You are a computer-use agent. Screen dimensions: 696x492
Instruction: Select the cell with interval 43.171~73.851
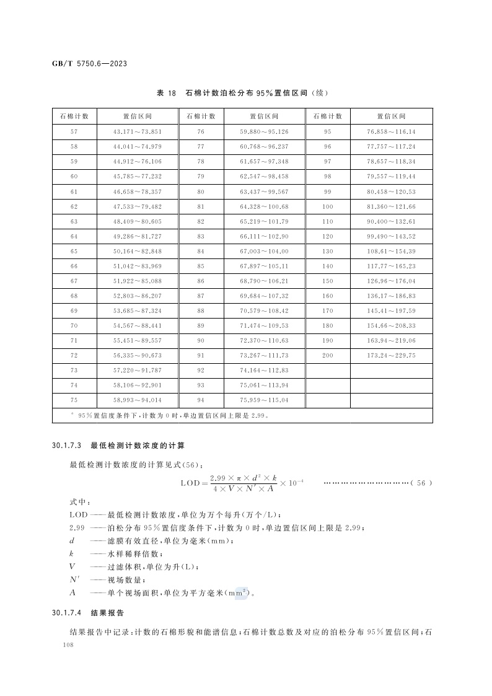click(137, 132)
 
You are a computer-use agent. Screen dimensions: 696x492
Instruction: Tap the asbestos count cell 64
click(74, 236)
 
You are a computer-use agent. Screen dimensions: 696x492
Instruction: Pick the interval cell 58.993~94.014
click(137, 400)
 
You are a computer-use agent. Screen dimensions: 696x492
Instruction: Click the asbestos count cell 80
click(201, 192)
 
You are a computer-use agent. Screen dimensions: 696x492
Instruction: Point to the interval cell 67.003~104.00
click(264, 251)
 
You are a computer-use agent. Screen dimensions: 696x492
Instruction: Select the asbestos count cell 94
click(201, 400)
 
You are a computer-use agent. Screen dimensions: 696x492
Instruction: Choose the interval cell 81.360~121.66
click(391, 206)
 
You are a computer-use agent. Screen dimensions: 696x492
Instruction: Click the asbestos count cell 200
click(328, 356)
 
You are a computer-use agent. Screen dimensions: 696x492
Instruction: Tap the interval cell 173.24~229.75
click(391, 356)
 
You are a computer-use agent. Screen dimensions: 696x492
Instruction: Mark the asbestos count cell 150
click(328, 281)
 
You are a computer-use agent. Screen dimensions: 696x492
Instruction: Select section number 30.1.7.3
click(68, 445)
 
